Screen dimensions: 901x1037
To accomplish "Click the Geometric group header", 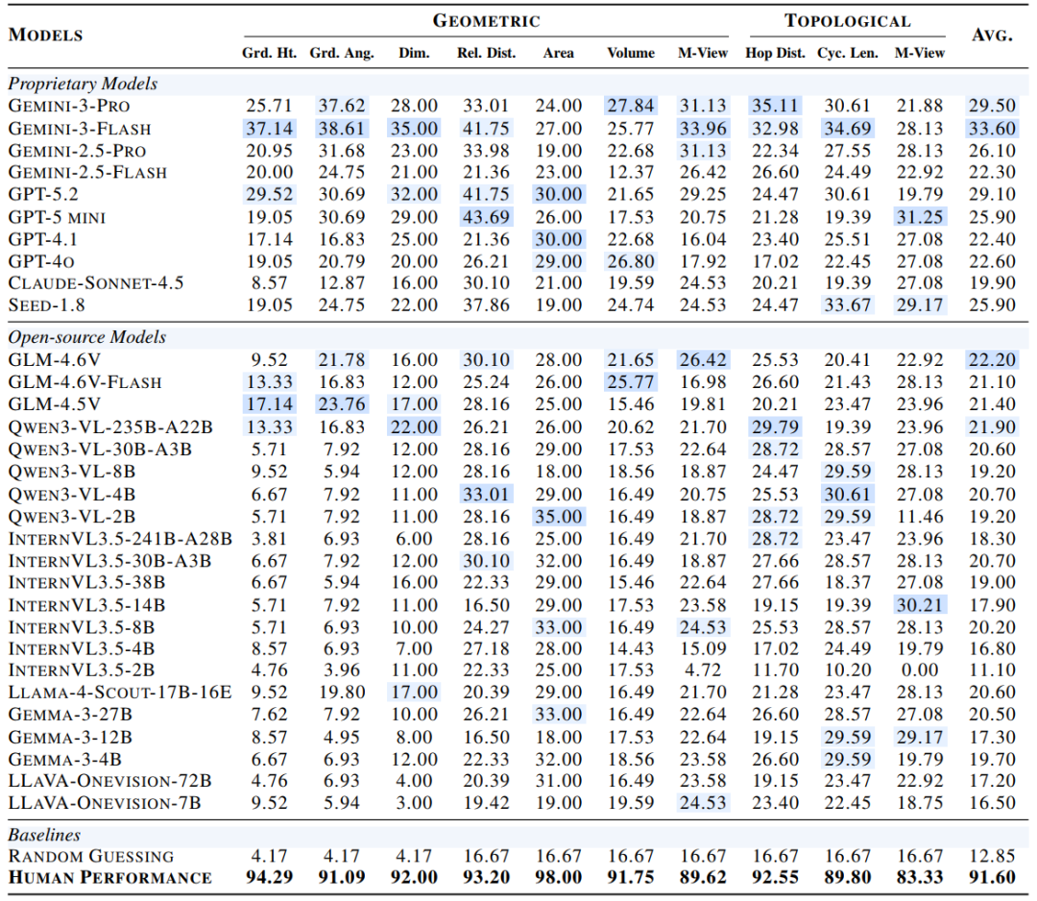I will click(486, 21).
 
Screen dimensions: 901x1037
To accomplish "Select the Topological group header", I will click(847, 21).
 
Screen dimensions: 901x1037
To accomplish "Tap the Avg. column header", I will click(994, 36).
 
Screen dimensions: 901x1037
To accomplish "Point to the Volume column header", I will click(631, 53).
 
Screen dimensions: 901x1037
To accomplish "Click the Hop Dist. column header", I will click(776, 53).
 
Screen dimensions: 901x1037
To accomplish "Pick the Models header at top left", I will click(45, 36).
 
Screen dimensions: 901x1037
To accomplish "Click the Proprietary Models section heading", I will click(83, 84).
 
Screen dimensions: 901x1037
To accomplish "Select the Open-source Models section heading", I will click(86, 337).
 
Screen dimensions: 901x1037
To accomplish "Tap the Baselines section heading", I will click(44, 835).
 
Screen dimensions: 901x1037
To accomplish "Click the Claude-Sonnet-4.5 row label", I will click(96, 282).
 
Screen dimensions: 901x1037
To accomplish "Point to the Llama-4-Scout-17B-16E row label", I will click(120, 692).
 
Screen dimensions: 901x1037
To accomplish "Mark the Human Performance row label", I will click(109, 877).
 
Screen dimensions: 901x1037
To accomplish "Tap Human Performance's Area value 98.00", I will click(559, 877).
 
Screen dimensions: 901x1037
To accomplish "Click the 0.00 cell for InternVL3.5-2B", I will click(920, 670).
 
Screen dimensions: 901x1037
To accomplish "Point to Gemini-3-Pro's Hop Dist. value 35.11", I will click(776, 106).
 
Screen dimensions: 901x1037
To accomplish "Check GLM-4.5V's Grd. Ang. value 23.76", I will click(341, 403).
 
